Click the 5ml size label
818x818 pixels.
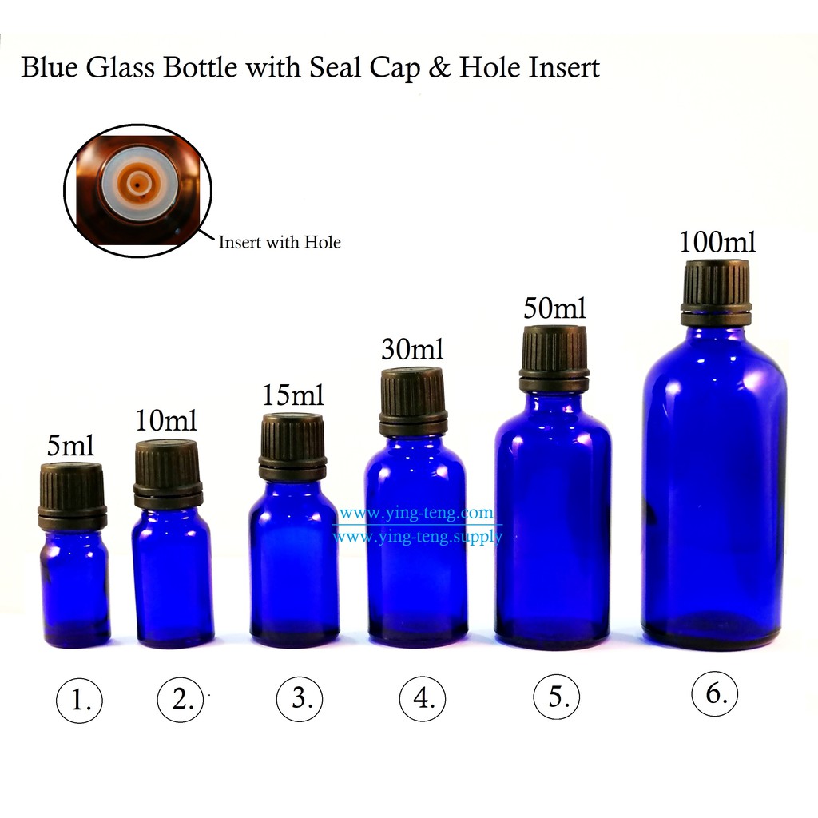(x=70, y=446)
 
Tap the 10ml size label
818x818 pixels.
(x=166, y=420)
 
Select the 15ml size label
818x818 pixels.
(x=292, y=395)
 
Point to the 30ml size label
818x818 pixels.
(x=412, y=350)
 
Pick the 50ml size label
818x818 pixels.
(x=554, y=308)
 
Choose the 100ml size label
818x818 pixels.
(x=717, y=242)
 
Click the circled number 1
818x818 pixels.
(x=79, y=700)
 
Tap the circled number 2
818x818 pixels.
(x=181, y=699)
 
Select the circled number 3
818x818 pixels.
(x=300, y=698)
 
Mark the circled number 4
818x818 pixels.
(x=423, y=698)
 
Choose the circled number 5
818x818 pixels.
(x=557, y=697)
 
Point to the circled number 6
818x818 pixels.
(x=715, y=694)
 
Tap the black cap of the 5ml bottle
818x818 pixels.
(x=73, y=496)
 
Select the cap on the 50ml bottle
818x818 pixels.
(x=554, y=359)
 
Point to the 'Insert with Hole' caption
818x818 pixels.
(x=279, y=243)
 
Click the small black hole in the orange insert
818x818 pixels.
(x=137, y=185)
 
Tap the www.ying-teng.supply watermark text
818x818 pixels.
(x=417, y=536)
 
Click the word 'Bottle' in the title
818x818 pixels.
(x=201, y=67)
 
